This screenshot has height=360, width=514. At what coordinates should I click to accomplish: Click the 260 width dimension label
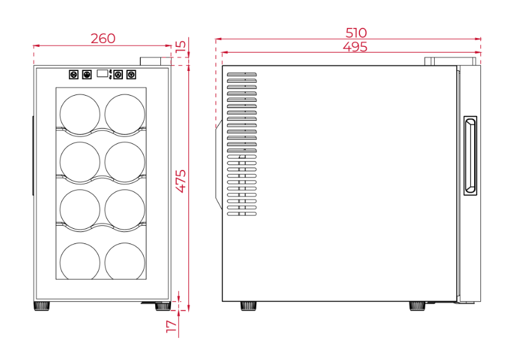103,39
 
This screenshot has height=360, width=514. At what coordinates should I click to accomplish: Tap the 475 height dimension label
181,181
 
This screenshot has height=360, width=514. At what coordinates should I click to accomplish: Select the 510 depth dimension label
356,33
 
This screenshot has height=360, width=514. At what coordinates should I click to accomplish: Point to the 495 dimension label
355,47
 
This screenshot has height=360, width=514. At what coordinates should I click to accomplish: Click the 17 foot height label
172,327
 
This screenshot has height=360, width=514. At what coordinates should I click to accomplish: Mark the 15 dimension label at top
181,45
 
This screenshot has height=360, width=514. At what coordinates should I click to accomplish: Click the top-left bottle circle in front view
80,115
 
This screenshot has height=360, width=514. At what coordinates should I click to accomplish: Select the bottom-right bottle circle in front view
125,261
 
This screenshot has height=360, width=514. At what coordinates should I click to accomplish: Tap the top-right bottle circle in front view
125,115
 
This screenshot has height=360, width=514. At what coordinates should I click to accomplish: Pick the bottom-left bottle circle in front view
80,261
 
